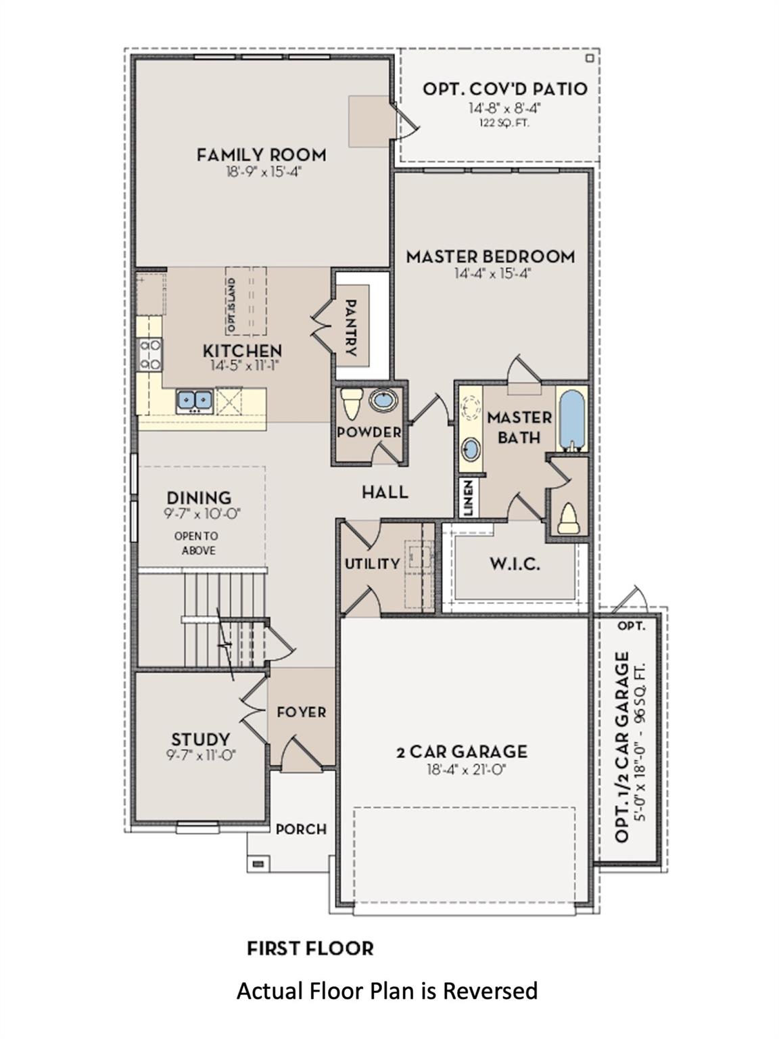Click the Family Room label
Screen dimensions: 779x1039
[x=261, y=155]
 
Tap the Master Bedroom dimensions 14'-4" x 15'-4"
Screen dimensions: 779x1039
[x=490, y=273]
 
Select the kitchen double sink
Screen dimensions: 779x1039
[x=194, y=400]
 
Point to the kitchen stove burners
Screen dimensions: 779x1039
[x=150, y=354]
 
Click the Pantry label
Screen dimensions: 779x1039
[x=351, y=327]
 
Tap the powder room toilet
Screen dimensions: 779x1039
[x=350, y=404]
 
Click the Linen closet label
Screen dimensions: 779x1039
[x=468, y=498]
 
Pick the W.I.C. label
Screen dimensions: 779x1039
[x=515, y=563]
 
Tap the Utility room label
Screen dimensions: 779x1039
[x=372, y=563]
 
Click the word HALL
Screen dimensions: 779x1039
[x=385, y=492]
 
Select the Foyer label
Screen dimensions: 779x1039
[x=302, y=712]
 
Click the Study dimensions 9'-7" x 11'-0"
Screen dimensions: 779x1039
[x=201, y=755]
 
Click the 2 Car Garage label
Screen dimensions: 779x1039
[x=462, y=752]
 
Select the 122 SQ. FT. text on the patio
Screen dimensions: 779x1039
[x=504, y=123]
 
